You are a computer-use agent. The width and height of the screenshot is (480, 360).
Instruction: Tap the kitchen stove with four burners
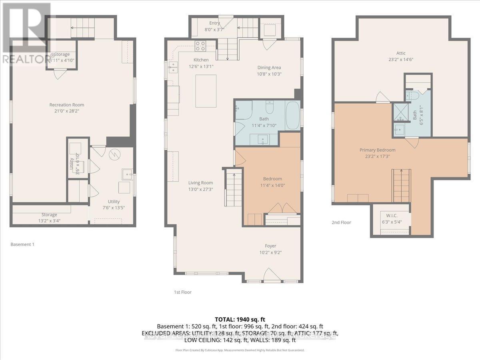coord(200,46)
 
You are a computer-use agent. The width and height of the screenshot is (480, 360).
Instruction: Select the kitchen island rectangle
coord(206,91)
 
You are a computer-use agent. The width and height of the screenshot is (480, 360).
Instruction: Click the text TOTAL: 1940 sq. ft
coord(240,320)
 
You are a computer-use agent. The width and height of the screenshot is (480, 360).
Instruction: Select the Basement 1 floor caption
coord(22,244)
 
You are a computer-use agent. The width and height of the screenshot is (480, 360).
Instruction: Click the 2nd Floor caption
coord(341,222)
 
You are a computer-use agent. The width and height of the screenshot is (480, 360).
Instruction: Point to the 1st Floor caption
coord(182,292)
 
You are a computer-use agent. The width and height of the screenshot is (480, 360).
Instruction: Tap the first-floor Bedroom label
coord(272,179)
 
